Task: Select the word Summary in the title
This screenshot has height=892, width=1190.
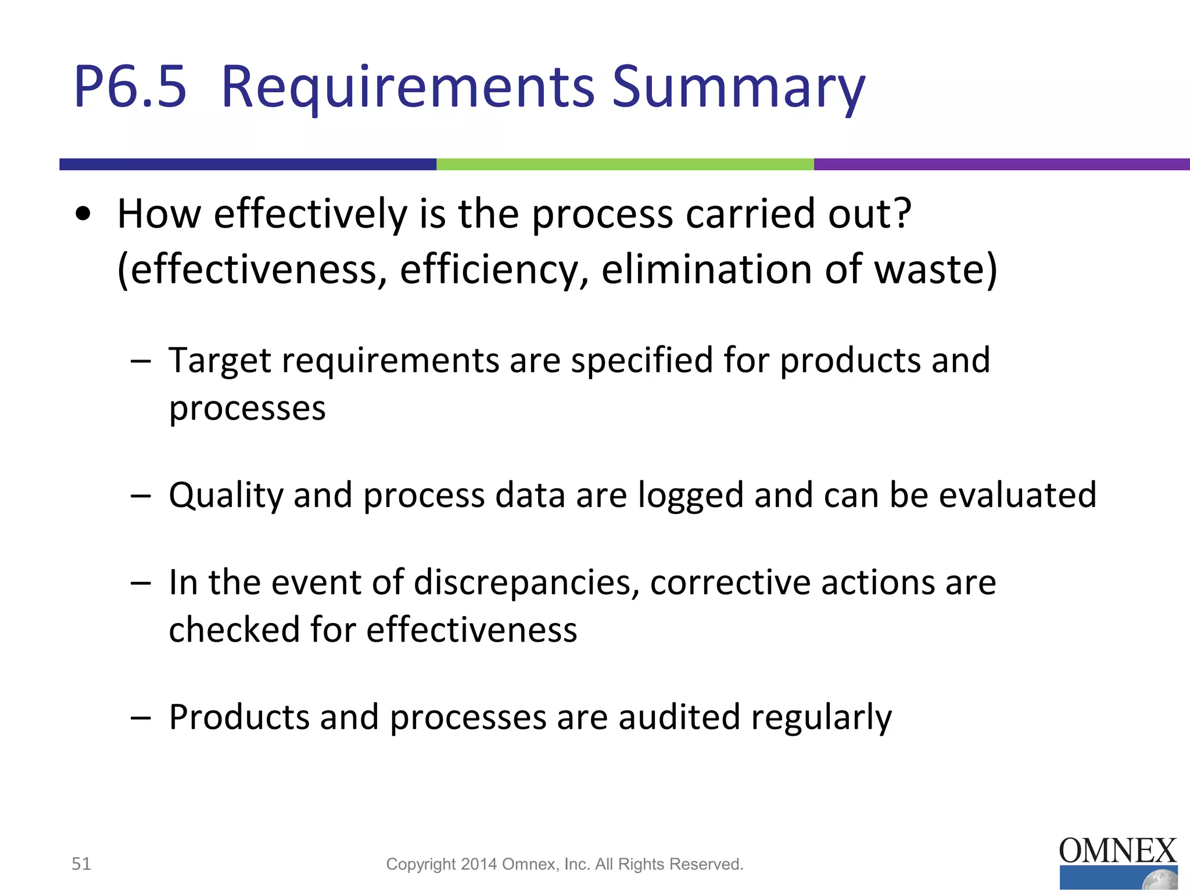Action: (738, 88)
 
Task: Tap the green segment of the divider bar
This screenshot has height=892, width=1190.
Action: (625, 164)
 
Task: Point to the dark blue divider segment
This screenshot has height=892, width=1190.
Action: (248, 164)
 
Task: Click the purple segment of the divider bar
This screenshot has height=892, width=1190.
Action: (1001, 164)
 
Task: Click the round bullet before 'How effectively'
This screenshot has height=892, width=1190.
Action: (84, 214)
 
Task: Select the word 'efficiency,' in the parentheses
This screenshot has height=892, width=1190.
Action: (494, 270)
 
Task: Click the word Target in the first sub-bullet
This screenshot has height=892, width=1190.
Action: (220, 361)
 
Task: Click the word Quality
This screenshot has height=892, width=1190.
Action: (225, 496)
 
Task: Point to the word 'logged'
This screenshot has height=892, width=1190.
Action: (690, 497)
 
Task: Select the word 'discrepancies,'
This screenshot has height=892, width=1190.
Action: (526, 584)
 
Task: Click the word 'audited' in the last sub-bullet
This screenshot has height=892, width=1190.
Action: (679, 717)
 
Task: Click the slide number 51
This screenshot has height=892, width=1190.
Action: (81, 864)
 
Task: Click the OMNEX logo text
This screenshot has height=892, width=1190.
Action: (1117, 851)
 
